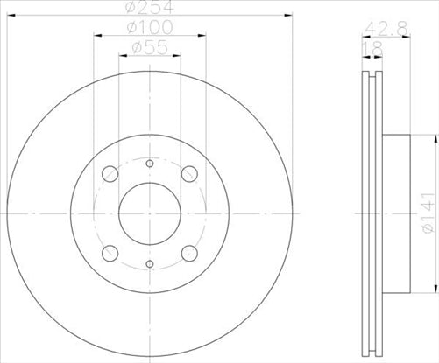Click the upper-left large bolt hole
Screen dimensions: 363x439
(x=110, y=174)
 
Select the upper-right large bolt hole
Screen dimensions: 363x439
(x=188, y=174)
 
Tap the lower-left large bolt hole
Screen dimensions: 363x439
(x=110, y=253)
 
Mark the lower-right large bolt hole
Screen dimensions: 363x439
(x=188, y=253)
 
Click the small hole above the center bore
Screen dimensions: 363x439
(x=149, y=164)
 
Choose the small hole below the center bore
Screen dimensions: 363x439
(x=149, y=263)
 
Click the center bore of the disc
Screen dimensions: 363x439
(x=149, y=213)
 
